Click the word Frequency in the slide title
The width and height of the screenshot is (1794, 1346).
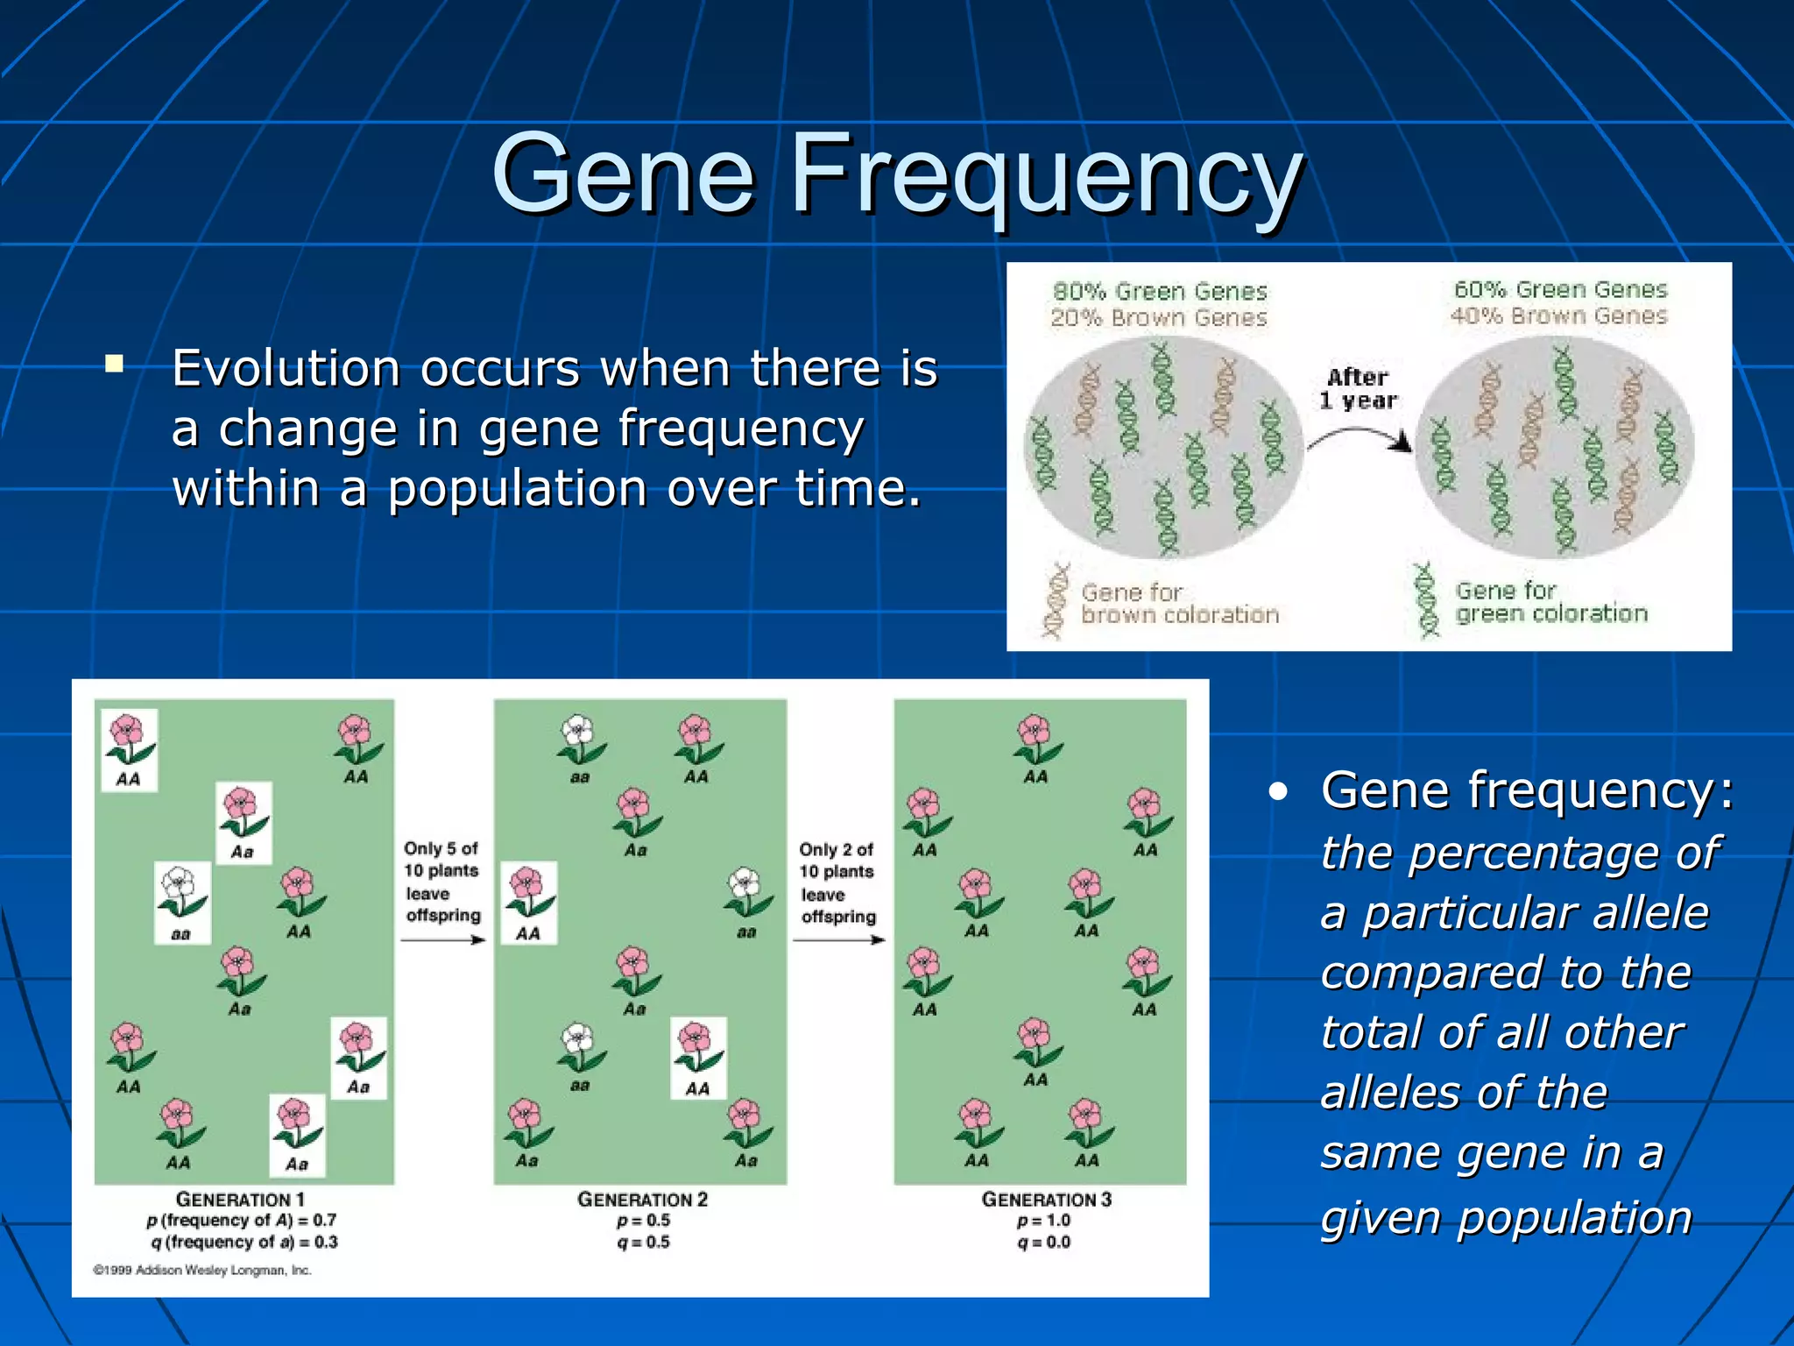[1047, 175]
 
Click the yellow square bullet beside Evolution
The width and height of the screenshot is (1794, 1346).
[114, 364]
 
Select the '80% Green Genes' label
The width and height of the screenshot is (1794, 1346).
[1160, 291]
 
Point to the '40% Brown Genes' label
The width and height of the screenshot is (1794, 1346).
[1558, 315]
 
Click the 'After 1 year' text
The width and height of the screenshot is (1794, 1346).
[1358, 389]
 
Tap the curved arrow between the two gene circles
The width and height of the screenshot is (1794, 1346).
[1360, 436]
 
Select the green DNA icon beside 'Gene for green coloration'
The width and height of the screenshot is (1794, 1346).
[1427, 600]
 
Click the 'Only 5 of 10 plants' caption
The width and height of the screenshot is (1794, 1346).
[441, 860]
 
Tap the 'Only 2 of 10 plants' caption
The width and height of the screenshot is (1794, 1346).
[837, 861]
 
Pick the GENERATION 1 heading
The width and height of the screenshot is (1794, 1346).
[240, 1200]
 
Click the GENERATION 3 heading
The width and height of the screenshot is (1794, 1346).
[1046, 1200]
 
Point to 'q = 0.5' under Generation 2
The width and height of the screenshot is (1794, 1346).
[643, 1242]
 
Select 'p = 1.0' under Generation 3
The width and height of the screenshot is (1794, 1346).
[1044, 1221]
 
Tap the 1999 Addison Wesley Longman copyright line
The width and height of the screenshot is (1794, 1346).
[202, 1270]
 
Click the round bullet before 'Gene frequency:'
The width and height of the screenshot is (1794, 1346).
[1279, 792]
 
